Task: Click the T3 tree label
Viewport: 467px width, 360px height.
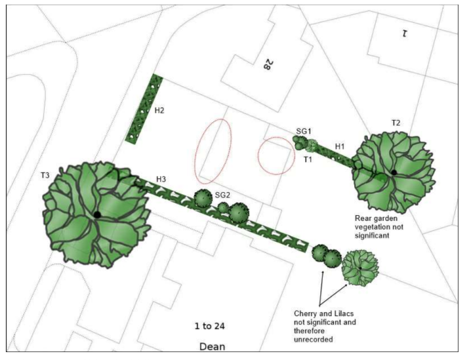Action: click(45, 175)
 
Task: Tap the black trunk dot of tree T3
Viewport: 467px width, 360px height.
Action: click(97, 214)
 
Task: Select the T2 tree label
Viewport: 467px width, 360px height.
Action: click(396, 123)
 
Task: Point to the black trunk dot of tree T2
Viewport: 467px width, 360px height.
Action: click(394, 172)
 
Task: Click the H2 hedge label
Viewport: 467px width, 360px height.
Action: click(159, 111)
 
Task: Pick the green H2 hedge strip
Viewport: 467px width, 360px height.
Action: click(144, 110)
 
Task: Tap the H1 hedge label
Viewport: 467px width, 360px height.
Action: click(340, 146)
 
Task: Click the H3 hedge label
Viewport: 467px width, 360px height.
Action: click(161, 179)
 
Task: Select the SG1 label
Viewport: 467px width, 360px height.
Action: click(304, 131)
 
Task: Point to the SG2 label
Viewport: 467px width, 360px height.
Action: click(222, 195)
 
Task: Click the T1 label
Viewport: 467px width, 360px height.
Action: click(308, 159)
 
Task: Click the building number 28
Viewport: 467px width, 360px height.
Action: click(268, 65)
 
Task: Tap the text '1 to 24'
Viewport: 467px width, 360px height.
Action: click(210, 326)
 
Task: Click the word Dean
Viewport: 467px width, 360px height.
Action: click(212, 347)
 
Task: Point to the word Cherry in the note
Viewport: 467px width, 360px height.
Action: click(305, 313)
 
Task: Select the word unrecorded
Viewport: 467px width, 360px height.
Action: click(314, 340)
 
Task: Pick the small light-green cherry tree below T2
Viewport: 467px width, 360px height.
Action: click(360, 268)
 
